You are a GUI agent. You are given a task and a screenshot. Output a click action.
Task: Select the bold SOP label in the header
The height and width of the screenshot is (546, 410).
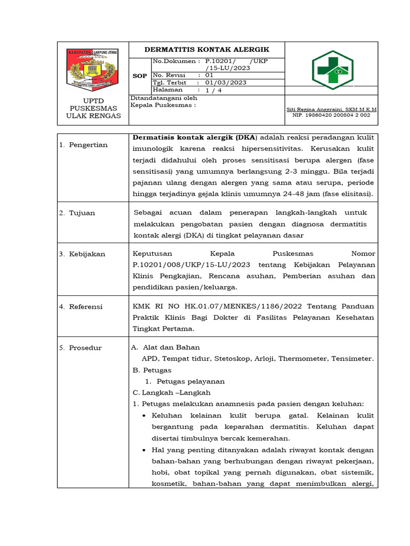pyautogui.click(x=139, y=76)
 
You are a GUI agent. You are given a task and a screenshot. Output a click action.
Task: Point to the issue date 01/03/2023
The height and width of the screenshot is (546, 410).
pyautogui.click(x=226, y=83)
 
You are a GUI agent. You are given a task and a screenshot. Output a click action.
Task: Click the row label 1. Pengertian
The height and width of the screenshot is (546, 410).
pyautogui.click(x=83, y=145)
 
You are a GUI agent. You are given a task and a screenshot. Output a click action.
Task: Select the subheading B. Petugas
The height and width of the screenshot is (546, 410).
pyautogui.click(x=152, y=370)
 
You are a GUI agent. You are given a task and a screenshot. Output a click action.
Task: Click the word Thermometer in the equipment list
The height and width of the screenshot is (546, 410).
pyautogui.click(x=301, y=359)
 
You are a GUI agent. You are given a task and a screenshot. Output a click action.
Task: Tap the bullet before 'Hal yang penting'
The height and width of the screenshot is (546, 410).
pyautogui.click(x=146, y=451)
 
